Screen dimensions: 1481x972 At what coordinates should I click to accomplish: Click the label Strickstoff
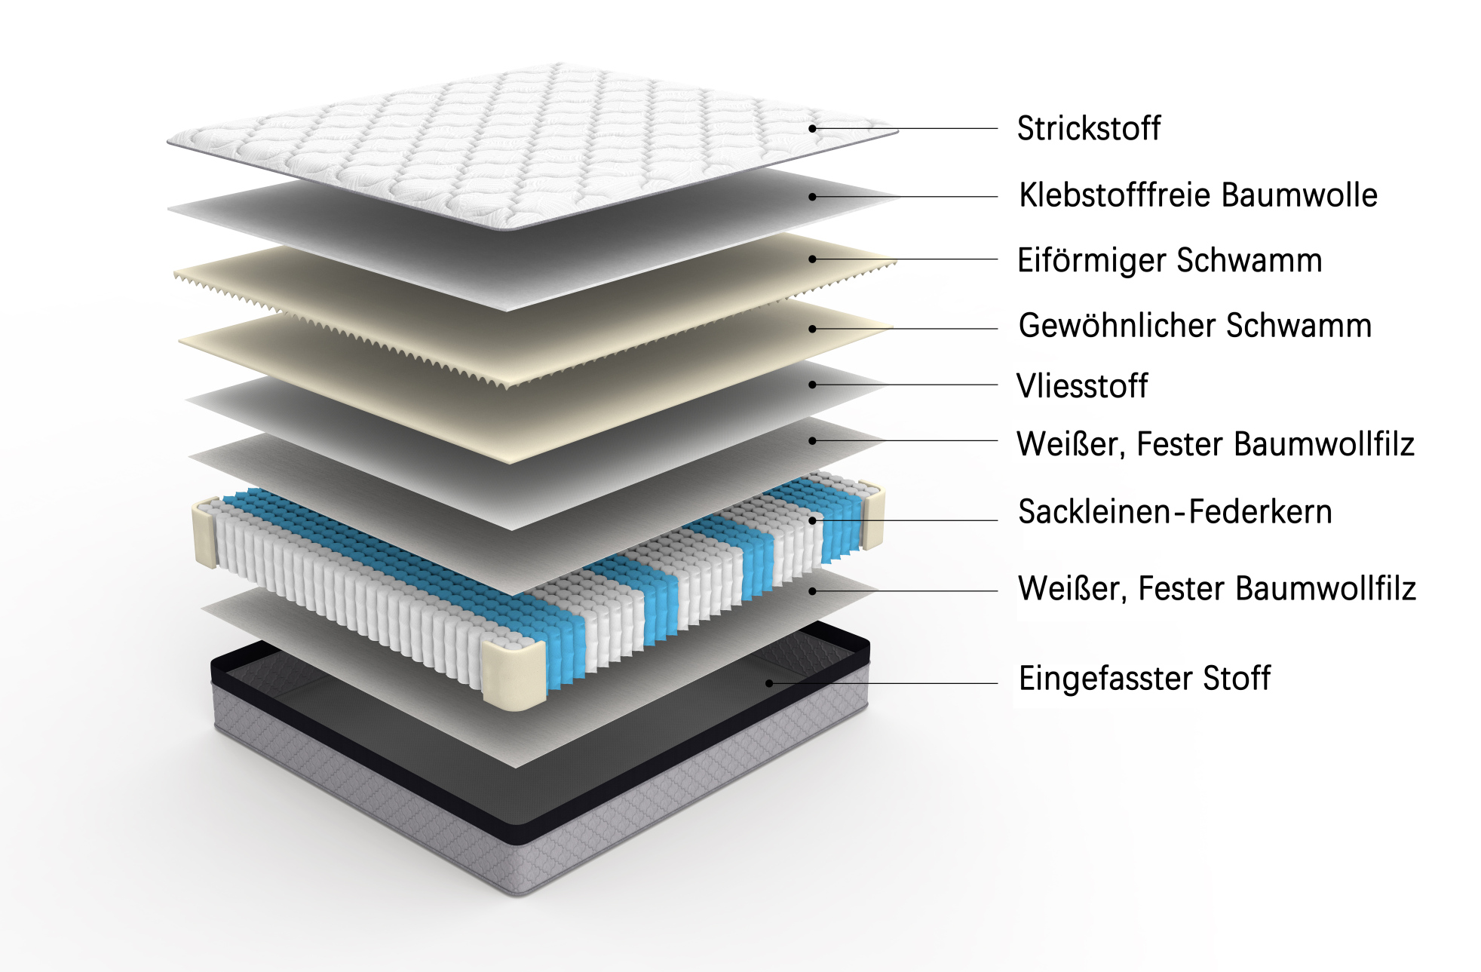pyautogui.click(x=1088, y=128)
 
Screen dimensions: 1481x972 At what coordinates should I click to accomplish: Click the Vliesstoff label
pyautogui.click(x=1082, y=385)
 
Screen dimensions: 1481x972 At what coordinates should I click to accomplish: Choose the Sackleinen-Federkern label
pyautogui.click(x=1175, y=512)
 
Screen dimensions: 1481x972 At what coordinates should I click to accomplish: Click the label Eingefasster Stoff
pyautogui.click(x=1144, y=679)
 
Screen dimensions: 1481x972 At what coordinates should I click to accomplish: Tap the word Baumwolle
pyautogui.click(x=1299, y=195)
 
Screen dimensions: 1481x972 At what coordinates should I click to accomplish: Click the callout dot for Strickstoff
pyautogui.click(x=812, y=129)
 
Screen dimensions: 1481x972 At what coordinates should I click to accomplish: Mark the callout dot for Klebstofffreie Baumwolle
pyautogui.click(x=812, y=197)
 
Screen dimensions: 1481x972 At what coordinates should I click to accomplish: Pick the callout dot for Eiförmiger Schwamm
pyautogui.click(x=812, y=259)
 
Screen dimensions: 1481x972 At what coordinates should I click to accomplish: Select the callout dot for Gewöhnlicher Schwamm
pyautogui.click(x=812, y=329)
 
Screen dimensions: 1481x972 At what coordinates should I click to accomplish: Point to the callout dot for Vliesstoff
pyautogui.click(x=812, y=385)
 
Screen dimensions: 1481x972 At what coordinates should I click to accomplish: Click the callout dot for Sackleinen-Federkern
pyautogui.click(x=812, y=520)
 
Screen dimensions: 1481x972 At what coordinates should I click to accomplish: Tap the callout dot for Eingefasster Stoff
pyautogui.click(x=769, y=684)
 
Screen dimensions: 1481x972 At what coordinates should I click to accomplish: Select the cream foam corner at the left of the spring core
pyautogui.click(x=205, y=532)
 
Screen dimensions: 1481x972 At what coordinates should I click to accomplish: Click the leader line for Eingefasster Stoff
pyautogui.click(x=884, y=684)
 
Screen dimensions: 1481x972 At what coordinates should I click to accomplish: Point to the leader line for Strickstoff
pyautogui.click(x=905, y=129)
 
